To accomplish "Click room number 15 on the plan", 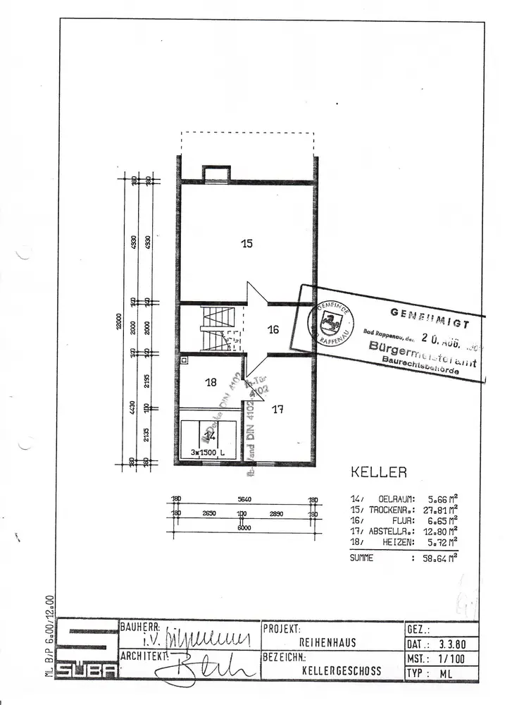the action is (246, 244).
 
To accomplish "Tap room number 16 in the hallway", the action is (273, 329).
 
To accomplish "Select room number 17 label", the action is (277, 408).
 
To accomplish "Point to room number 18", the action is (211, 383).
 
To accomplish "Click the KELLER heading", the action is (378, 472).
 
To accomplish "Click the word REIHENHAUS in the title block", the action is (327, 643).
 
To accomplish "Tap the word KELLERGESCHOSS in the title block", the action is (342, 670).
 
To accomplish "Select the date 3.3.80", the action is (451, 644).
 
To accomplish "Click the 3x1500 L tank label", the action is (207, 452).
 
